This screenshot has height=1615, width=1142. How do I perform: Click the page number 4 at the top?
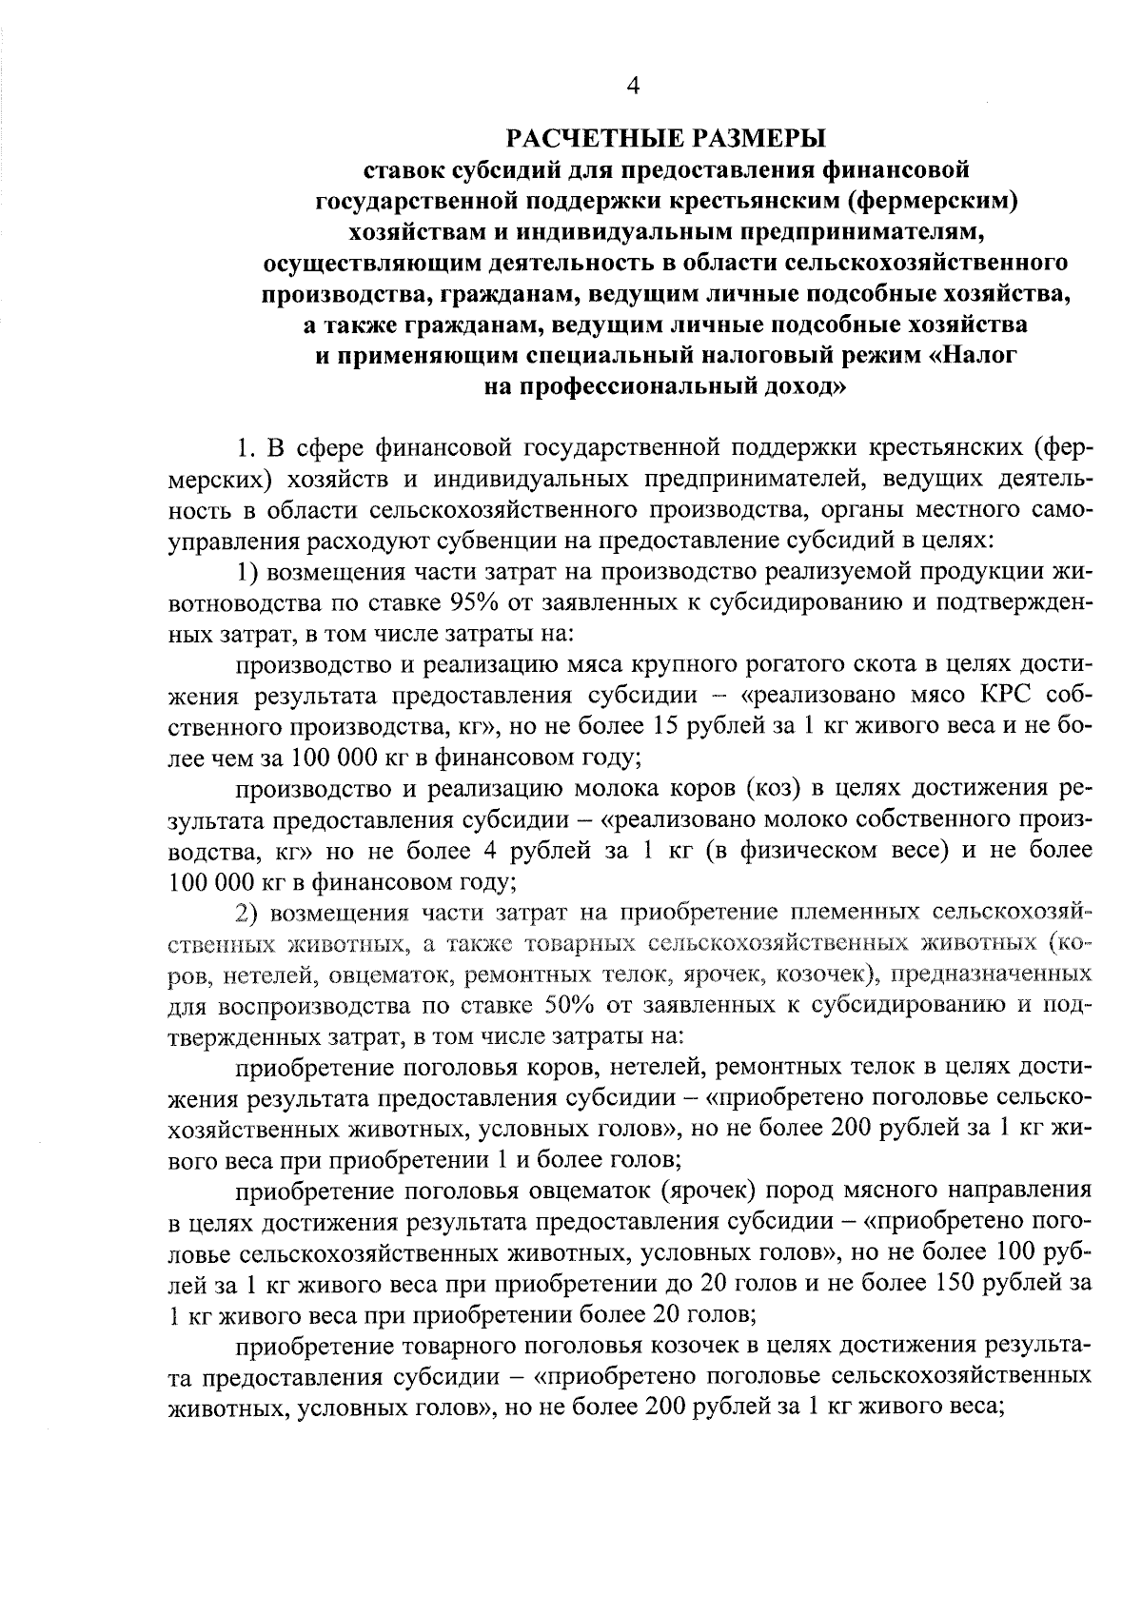click(x=633, y=88)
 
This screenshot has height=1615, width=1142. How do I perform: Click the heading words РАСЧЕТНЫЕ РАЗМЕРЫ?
click(x=664, y=139)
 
